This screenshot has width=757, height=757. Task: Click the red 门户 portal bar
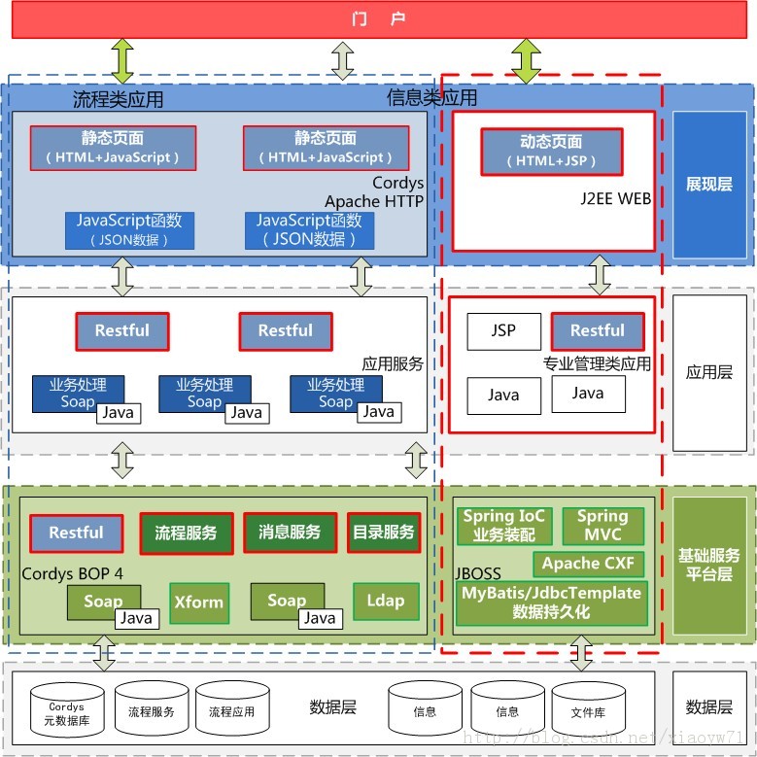pos(379,19)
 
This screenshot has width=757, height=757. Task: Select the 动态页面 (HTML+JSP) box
pos(551,152)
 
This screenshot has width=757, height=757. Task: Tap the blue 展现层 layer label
pos(708,185)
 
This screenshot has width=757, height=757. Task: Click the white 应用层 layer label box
pos(708,372)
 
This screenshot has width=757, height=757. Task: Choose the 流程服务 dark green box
pos(187,533)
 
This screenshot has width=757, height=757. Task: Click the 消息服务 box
pos(290,533)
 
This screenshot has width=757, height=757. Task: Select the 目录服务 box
pos(383,533)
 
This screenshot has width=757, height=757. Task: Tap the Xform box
pos(199,602)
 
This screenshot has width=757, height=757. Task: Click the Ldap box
pos(385,602)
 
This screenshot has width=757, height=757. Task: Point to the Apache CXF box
pos(588,564)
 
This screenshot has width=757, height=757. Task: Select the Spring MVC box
pos(602,526)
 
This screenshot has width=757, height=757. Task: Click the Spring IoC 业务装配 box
pos(503,526)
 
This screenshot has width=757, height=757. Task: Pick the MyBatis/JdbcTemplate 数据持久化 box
pos(551,602)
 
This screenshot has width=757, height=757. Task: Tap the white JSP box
pos(503,331)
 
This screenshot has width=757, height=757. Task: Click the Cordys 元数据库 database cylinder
pos(67,713)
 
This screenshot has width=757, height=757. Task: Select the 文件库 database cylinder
pos(588,713)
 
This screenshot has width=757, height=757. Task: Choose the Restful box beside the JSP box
pos(598,331)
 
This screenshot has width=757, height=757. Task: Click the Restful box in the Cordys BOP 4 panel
pos(76,533)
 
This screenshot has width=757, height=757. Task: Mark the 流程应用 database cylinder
pos(232,713)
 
